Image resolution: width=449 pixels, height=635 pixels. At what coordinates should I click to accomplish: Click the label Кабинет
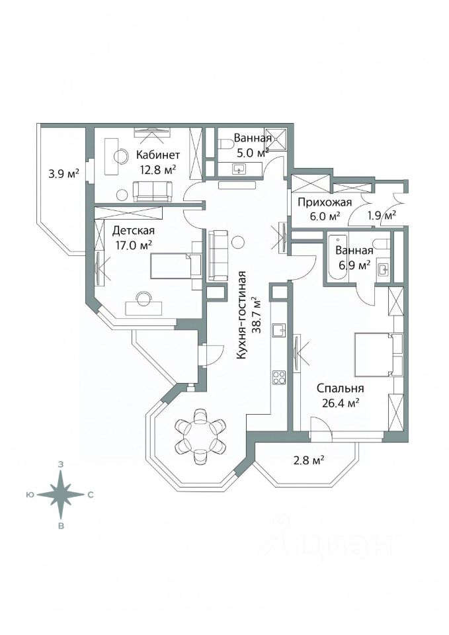click(157, 155)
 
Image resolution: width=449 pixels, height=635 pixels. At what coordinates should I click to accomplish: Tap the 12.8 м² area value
click(157, 169)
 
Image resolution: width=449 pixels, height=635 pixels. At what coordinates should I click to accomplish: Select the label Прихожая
click(323, 202)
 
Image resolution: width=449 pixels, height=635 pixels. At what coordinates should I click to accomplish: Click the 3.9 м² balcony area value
click(63, 175)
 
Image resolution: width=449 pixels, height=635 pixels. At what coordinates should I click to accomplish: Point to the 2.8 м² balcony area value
click(308, 460)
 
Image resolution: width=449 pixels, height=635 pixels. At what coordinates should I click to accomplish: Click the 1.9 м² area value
click(381, 215)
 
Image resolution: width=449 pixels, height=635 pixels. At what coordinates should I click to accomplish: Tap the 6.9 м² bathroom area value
click(354, 265)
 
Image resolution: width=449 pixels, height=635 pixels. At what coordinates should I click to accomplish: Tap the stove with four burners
click(278, 378)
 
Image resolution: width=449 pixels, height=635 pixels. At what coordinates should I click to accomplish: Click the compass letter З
click(61, 465)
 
